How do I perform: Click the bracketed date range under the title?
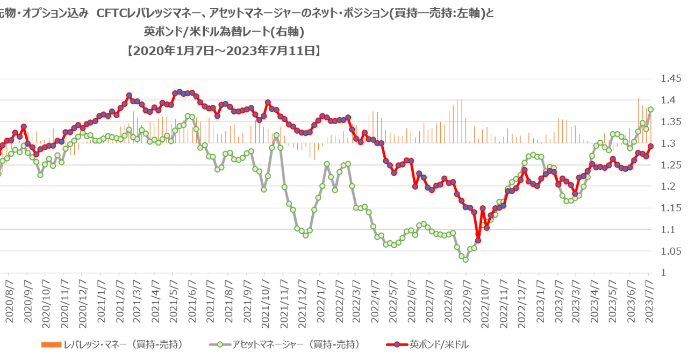[223, 51]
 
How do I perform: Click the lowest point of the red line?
[478, 240]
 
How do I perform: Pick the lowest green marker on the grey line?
[465, 259]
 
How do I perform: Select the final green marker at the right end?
[651, 109]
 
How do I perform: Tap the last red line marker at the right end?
[651, 146]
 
